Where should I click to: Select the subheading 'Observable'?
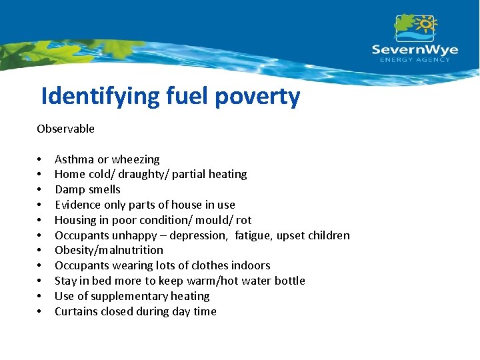(65, 129)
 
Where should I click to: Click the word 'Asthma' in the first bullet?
(74, 159)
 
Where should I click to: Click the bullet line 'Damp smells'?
(87, 189)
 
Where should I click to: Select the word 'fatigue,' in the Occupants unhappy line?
(254, 235)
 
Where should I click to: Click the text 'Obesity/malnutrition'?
(109, 250)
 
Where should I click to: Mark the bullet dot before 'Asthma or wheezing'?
(40, 160)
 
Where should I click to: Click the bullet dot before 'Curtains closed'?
(40, 312)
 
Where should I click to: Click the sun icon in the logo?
(425, 24)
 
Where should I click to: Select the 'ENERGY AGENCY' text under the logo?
(415, 60)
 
